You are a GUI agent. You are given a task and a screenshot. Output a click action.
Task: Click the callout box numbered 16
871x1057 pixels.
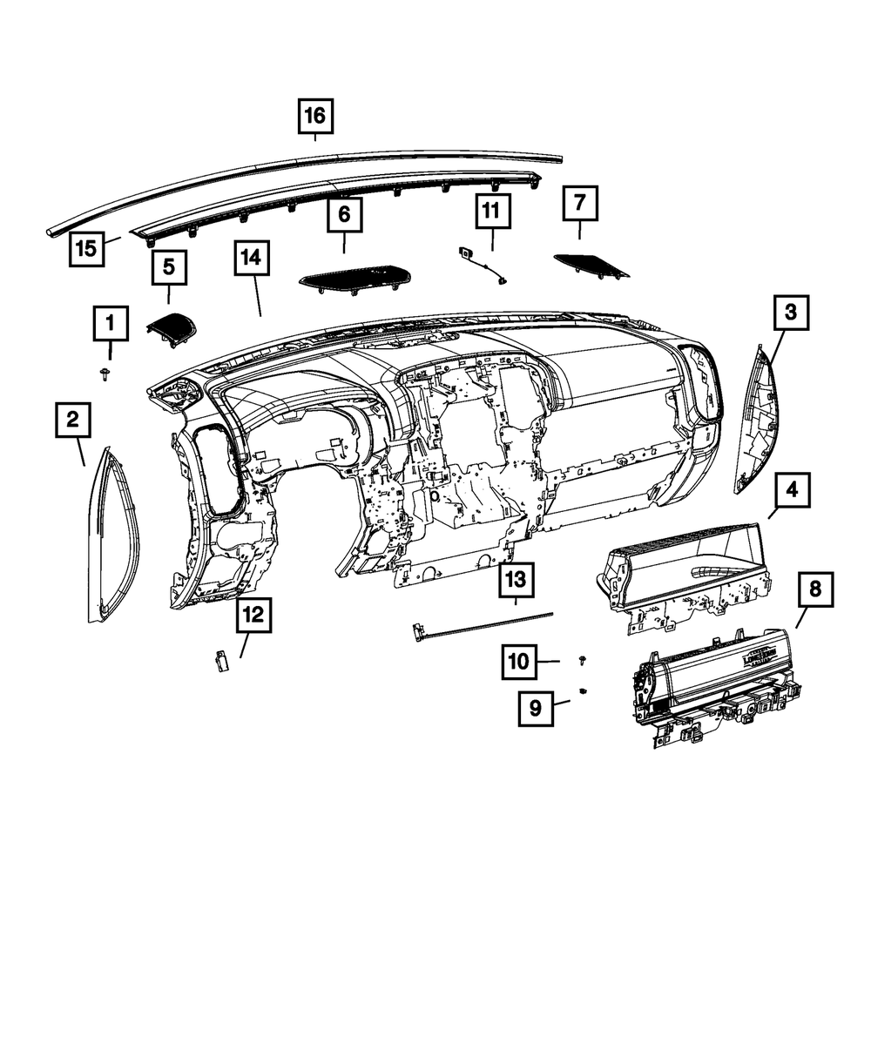point(315,114)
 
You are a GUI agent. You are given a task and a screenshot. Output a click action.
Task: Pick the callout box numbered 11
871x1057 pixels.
point(491,211)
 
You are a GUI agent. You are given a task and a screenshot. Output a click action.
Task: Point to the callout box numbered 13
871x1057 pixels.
point(516,578)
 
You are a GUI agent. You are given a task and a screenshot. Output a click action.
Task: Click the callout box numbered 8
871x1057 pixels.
point(814,589)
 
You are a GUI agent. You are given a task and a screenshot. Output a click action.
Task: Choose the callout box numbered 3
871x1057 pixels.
point(790,313)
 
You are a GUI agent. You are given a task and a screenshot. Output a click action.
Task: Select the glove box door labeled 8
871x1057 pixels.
point(714,688)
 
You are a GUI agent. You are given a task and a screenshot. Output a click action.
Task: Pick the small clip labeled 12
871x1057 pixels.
point(219,662)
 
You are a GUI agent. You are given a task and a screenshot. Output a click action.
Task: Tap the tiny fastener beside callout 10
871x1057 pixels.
point(582,663)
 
